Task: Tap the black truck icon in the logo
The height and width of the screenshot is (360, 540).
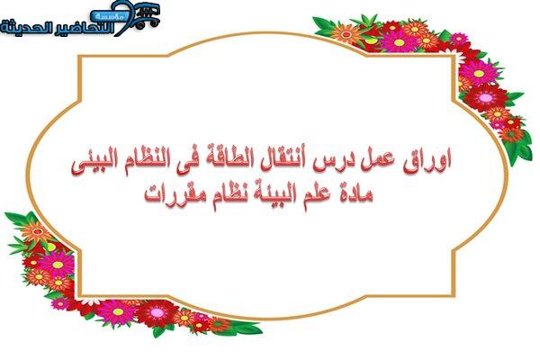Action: click(x=147, y=17)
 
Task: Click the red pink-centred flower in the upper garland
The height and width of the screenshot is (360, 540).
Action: click(x=485, y=98)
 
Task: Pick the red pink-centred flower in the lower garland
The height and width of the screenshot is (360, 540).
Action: click(x=157, y=312)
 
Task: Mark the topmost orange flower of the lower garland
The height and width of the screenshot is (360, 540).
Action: click(x=35, y=232)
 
